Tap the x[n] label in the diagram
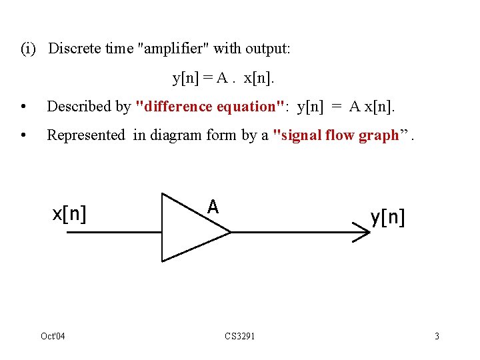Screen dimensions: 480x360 point(70,214)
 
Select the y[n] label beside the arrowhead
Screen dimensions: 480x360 point(387,216)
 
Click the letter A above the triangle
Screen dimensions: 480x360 point(213,207)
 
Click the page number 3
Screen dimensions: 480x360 point(437,336)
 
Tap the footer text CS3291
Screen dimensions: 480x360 point(240,336)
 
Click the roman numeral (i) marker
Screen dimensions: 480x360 point(29,49)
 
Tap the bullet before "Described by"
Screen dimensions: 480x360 point(24,107)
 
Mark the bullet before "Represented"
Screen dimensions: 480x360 point(24,136)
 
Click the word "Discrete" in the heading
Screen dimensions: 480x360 point(75,49)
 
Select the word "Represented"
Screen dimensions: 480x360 point(86,135)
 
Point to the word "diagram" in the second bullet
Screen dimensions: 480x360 point(172,135)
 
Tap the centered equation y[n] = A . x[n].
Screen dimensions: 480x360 point(223,78)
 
